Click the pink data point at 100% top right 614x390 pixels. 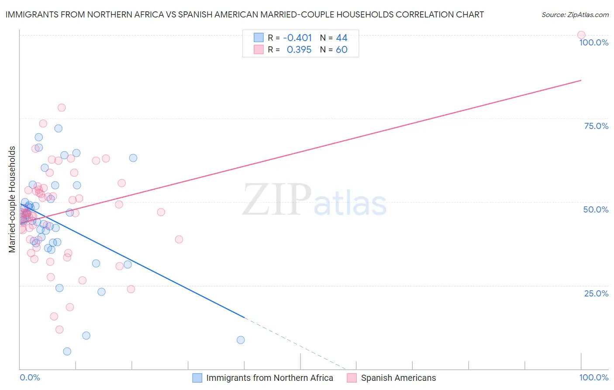click(581, 35)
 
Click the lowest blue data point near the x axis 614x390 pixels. click(67, 351)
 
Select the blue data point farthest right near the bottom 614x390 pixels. click(240, 340)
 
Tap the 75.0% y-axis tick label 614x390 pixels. click(596, 126)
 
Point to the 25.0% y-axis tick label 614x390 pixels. click(596, 293)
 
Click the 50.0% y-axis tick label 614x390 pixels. click(596, 209)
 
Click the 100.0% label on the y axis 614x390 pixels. click(593, 42)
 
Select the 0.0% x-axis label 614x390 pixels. click(30, 377)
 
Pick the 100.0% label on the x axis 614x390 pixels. click(593, 377)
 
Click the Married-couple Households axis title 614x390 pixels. click(12, 199)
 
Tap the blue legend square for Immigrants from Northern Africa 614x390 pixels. click(197, 378)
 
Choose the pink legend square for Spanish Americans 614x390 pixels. click(352, 378)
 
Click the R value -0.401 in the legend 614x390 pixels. click(297, 38)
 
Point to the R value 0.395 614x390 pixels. click(299, 50)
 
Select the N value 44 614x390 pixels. click(341, 38)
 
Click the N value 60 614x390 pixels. click(341, 50)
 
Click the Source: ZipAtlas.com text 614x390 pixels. click(575, 15)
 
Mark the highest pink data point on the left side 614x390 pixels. click(62, 108)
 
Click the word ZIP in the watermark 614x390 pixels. click(277, 199)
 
